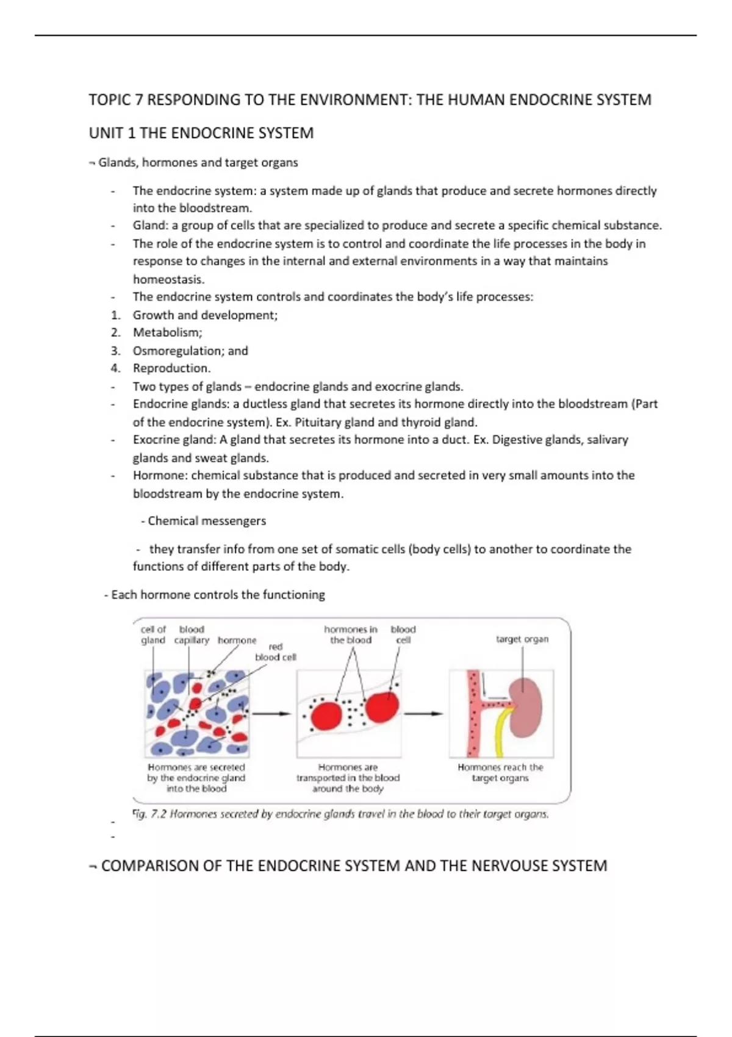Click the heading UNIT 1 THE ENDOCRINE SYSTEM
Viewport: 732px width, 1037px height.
click(201, 134)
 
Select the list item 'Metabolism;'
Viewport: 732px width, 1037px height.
click(168, 332)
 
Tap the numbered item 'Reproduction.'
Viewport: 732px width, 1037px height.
click(171, 368)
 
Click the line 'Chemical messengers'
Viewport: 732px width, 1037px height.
click(207, 521)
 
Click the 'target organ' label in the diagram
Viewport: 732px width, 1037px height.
click(522, 639)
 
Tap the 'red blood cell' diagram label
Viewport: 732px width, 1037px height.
click(276, 651)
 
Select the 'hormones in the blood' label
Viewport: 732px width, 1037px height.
click(351, 634)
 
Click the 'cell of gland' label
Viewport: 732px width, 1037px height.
click(153, 634)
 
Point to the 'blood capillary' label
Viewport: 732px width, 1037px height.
click(192, 634)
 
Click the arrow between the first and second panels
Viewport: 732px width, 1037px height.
click(271, 713)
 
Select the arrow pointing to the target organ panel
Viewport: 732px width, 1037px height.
click(424, 713)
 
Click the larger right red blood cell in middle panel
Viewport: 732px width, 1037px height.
click(382, 706)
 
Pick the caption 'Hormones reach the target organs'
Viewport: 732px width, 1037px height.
click(500, 773)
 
